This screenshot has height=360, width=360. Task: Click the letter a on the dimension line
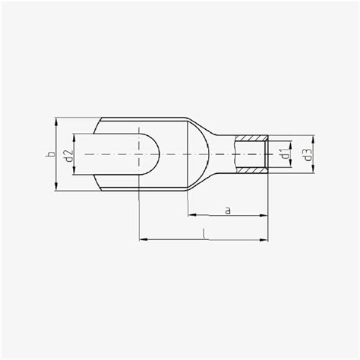click(228, 210)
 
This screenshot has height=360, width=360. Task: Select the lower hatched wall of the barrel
click(251, 172)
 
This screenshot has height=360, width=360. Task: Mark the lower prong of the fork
click(129, 182)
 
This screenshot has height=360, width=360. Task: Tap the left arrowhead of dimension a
click(191, 215)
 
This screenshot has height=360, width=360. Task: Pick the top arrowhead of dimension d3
click(311, 137)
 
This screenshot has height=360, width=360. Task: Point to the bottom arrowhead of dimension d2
click(74, 172)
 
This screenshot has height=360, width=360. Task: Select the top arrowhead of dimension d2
click(74, 137)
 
